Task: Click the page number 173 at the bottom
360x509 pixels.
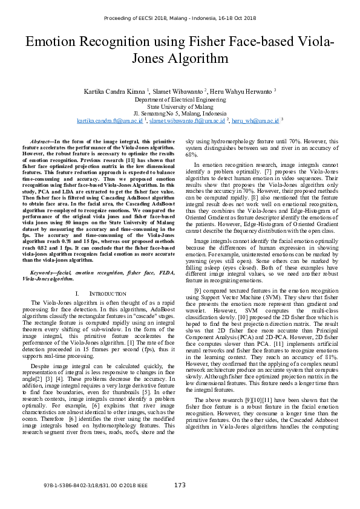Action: (180, 485)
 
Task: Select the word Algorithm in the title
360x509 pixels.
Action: (196, 59)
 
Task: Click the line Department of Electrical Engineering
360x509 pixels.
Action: (180, 99)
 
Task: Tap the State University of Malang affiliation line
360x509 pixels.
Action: (180, 106)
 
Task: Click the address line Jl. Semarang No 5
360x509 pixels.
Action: (180, 113)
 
